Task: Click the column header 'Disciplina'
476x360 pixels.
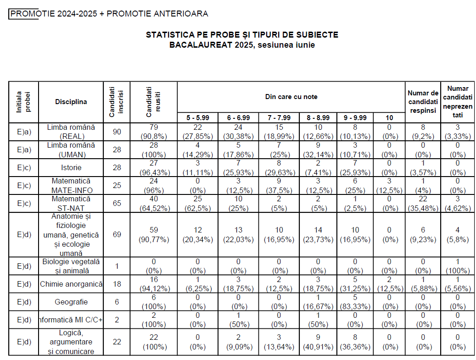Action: pos(71,102)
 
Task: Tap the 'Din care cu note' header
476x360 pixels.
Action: pos(291,97)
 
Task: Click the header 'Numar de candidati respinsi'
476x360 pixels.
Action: pos(423,102)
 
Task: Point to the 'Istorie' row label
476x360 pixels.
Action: pos(71,168)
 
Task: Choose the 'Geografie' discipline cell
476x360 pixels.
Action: pos(71,302)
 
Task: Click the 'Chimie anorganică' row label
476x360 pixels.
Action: pos(71,284)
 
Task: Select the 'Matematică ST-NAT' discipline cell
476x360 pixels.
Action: pos(71,203)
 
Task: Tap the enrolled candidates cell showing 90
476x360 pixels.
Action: pos(117,132)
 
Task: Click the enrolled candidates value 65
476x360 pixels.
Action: pos(117,203)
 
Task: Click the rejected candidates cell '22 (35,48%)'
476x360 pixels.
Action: pos(423,203)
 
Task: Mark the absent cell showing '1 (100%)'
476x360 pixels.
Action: pos(458,266)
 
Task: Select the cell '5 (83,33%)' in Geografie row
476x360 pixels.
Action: pos(354,302)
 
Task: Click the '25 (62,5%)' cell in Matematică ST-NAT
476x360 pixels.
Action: pos(197,203)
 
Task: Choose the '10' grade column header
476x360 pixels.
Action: pos(388,118)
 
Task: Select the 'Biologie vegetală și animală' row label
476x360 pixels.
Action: pos(71,266)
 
